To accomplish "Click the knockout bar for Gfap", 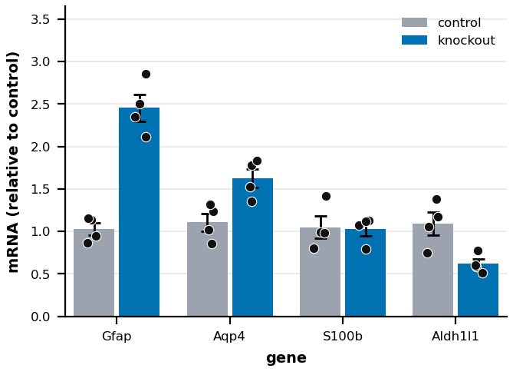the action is click(x=139, y=212).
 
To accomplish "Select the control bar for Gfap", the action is click(x=94, y=273).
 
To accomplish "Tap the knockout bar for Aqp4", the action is click(x=252, y=247).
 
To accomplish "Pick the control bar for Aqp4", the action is click(x=208, y=269).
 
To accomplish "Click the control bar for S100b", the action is click(x=321, y=272).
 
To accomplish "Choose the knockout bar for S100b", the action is click(x=366, y=273).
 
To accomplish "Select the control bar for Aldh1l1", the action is click(x=432, y=270).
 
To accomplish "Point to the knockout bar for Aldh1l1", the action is click(x=478, y=290).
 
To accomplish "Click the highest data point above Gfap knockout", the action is click(x=146, y=75).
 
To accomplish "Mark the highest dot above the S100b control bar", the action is click(x=326, y=197).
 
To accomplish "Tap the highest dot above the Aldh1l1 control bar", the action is click(x=436, y=199).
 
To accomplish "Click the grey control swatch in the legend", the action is click(x=415, y=22).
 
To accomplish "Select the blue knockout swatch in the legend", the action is click(x=415, y=40).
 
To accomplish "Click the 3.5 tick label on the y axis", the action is click(x=40, y=20).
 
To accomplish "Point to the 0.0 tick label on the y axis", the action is click(x=40, y=317).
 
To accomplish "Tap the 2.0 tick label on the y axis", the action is click(x=40, y=147).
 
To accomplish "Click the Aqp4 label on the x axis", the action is click(x=229, y=337).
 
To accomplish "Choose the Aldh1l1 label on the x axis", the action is click(x=455, y=337).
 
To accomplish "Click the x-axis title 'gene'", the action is click(x=286, y=358).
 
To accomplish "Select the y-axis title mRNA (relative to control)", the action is click(x=13, y=162).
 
